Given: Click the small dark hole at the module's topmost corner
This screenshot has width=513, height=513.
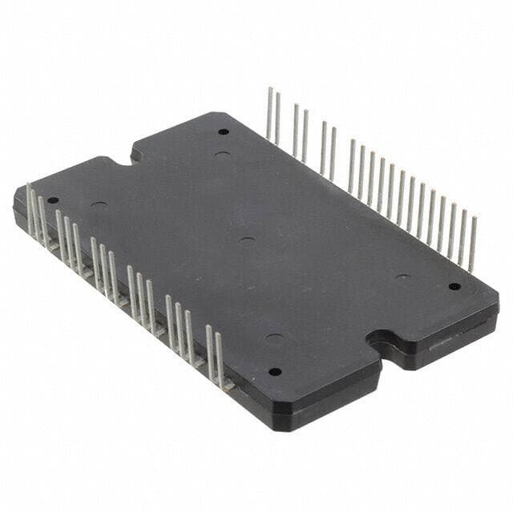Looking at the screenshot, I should point(223,131).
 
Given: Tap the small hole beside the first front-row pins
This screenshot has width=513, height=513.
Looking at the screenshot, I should point(53,200).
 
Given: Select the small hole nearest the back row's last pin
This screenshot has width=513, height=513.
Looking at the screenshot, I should point(454,285).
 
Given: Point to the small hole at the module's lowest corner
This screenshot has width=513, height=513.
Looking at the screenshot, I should point(274,371).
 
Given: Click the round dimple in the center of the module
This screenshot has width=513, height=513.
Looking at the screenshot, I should point(247,240).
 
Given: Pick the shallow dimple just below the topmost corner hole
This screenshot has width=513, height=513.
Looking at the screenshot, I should point(223,154).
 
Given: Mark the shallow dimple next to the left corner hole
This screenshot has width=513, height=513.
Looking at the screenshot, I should point(99,206).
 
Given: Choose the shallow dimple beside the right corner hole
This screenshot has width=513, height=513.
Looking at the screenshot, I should point(402,278).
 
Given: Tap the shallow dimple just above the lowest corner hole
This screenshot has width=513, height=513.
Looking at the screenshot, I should point(274,337).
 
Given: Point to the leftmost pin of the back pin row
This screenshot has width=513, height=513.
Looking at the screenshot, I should point(270,113).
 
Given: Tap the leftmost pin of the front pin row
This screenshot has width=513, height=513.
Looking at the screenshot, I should point(30,210).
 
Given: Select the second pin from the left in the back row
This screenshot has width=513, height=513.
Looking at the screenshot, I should point(278,119).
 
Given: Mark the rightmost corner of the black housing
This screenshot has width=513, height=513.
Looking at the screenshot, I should point(497,303).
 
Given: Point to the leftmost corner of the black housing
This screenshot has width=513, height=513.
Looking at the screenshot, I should point(14,192).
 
